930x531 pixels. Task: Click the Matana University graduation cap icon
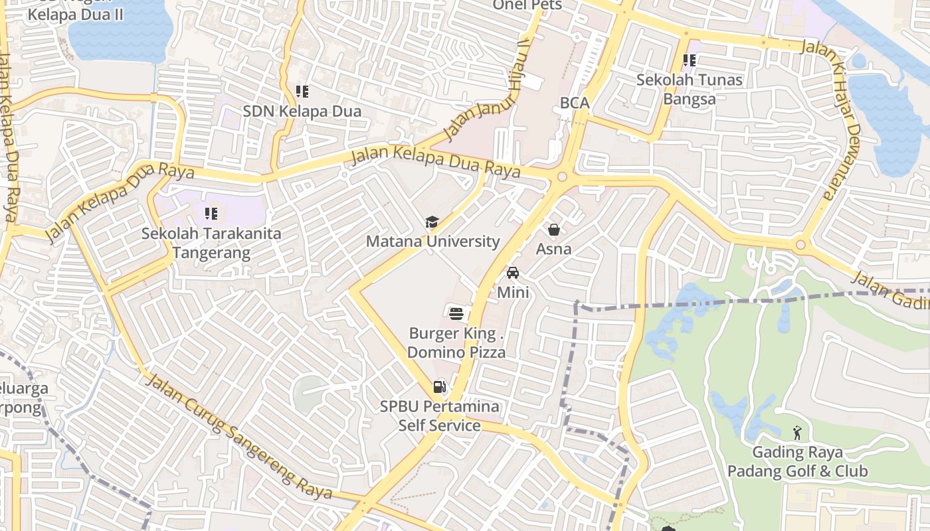click(432, 222)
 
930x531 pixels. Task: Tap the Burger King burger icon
click(456, 313)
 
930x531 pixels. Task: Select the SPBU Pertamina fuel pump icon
click(439, 386)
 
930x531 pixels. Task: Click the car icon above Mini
click(512, 273)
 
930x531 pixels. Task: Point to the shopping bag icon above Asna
click(553, 230)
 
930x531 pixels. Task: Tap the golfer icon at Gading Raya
click(796, 433)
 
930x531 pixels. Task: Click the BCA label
click(575, 103)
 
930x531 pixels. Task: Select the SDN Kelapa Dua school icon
click(302, 92)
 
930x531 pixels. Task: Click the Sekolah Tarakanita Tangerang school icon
click(211, 214)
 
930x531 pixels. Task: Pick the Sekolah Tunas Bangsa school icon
click(690, 61)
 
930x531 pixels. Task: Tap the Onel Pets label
click(527, 5)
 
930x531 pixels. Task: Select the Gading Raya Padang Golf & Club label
click(796, 462)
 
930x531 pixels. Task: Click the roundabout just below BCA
click(562, 177)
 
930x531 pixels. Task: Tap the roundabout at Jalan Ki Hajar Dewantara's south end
click(800, 245)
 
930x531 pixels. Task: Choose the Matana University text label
click(432, 242)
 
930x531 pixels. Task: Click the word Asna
click(553, 249)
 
